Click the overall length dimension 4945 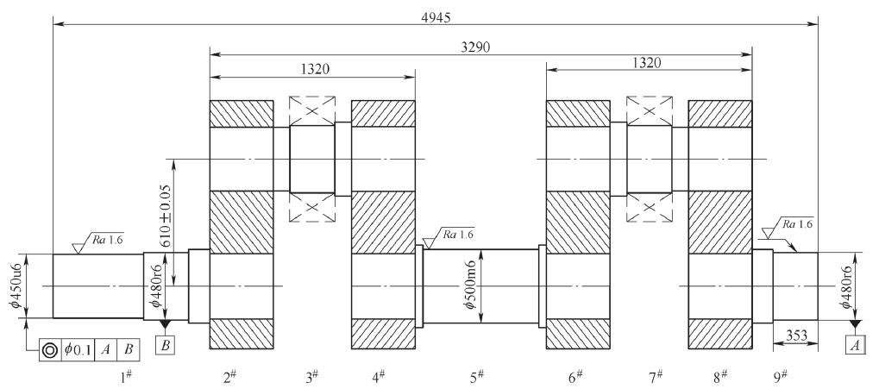tap(436, 16)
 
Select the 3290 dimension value tap(474, 47)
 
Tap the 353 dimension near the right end tap(796, 336)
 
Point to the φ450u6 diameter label tap(16, 285)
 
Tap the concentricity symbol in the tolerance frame tap(50, 350)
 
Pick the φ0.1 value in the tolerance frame tap(78, 350)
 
